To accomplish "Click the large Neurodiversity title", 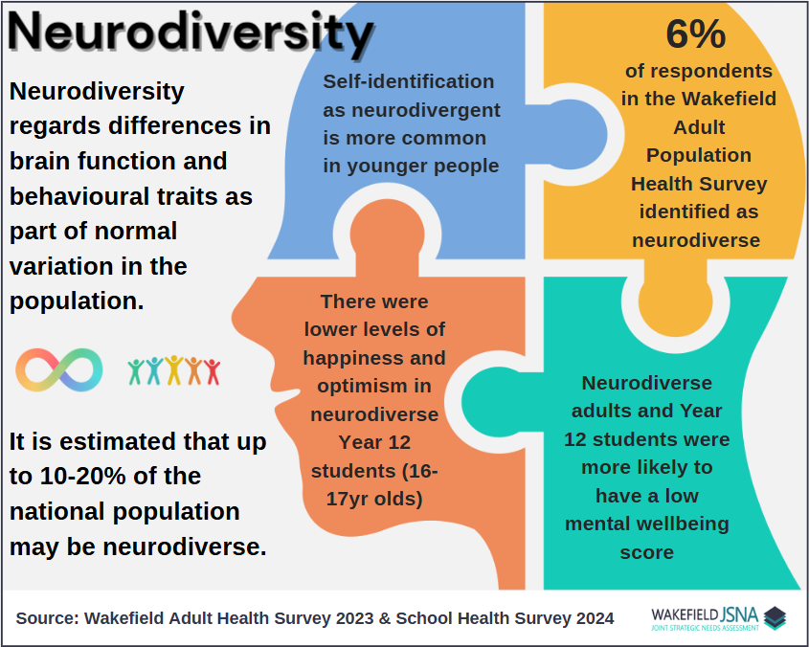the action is tap(191, 32).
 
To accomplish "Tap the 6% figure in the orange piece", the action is tap(695, 34).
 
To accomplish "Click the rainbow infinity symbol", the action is tap(59, 369).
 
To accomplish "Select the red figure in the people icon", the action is tap(212, 372).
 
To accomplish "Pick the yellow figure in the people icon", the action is tap(174, 370).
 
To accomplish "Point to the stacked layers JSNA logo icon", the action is tap(775, 617).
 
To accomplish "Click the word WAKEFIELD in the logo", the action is tap(685, 614).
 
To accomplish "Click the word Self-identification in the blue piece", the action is tap(409, 81).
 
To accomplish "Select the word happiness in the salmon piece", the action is tap(374, 358).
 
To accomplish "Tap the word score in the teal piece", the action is tap(646, 552).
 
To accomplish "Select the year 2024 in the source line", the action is tap(593, 618).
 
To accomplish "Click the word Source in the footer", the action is tap(48, 618).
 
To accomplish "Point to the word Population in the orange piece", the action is tap(699, 155).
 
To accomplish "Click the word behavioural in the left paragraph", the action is tap(80, 196).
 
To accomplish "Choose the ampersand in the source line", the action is tap(385, 618).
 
